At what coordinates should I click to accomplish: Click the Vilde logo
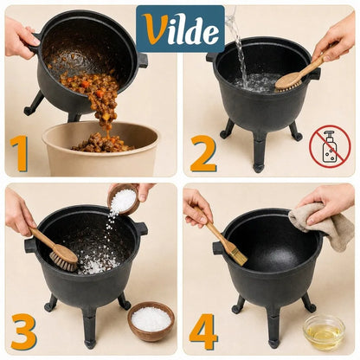[180, 29]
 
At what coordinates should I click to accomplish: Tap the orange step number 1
[19, 154]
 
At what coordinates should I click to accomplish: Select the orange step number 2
[203, 153]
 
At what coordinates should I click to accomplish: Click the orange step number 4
[203, 331]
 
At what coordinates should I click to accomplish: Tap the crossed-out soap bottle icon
[330, 146]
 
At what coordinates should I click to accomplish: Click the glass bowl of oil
[324, 332]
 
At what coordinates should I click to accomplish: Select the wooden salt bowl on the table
[151, 321]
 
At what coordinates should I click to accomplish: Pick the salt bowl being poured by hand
[123, 199]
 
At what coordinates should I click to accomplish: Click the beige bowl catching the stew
[100, 150]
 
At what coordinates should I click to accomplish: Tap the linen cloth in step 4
[323, 225]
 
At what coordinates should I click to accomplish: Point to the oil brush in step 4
[221, 236]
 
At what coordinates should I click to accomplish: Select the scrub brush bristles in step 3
[63, 262]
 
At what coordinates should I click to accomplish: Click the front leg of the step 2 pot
[259, 153]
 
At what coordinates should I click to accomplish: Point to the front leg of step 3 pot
[90, 329]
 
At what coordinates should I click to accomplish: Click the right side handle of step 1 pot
[142, 60]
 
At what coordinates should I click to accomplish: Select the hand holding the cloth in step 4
[327, 203]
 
